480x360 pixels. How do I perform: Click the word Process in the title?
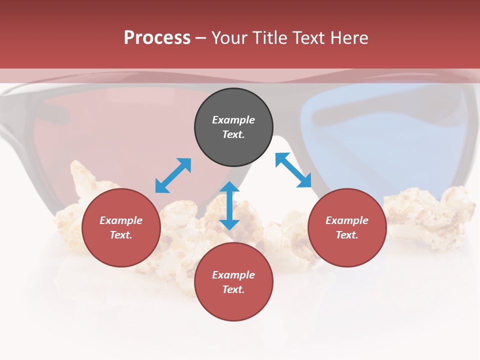coord(157,38)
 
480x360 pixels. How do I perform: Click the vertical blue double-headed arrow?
coord(229,205)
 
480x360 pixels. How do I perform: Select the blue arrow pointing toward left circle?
coord(173,175)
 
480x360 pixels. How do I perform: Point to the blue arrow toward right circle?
coord(293,170)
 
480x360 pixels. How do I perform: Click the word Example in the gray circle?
coord(233,120)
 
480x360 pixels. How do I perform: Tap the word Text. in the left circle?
coord(121,235)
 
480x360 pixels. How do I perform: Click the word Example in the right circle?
coord(347,220)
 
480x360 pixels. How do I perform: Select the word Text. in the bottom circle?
coord(233,289)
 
